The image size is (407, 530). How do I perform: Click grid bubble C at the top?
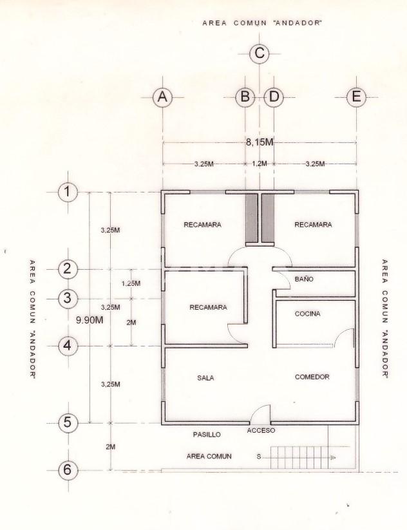(260, 53)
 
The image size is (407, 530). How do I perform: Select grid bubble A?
(162, 97)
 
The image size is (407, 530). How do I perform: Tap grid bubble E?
(356, 97)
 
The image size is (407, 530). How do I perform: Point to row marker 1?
(68, 192)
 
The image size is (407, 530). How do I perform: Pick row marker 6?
(68, 470)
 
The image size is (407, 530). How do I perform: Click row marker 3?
(68, 298)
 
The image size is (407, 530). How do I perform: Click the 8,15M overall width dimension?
(260, 142)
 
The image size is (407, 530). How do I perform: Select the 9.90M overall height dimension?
(90, 320)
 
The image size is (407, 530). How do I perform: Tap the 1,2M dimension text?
(260, 164)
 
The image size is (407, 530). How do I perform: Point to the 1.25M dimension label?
(131, 283)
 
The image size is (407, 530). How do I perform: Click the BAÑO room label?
(304, 279)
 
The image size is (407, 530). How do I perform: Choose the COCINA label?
(307, 314)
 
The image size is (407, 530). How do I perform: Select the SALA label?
(205, 378)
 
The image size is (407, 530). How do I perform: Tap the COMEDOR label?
(312, 377)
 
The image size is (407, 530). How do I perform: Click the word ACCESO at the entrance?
(261, 431)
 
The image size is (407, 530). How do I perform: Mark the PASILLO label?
(207, 435)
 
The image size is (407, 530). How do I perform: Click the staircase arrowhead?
(334, 458)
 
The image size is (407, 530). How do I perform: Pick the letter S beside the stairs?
(259, 457)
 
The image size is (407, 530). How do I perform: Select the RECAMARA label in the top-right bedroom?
(313, 225)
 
